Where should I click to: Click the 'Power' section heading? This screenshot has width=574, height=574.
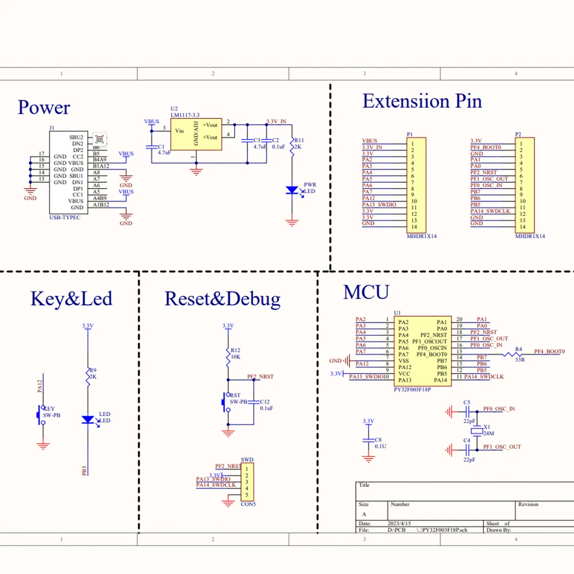[x=44, y=108]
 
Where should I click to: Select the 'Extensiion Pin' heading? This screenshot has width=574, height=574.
[x=422, y=102]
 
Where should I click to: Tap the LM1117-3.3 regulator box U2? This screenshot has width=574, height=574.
[x=196, y=134]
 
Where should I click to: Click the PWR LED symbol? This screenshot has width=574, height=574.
[x=292, y=189]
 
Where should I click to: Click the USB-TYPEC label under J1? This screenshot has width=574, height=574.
[x=65, y=218]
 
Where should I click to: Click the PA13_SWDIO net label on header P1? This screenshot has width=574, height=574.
[x=379, y=204]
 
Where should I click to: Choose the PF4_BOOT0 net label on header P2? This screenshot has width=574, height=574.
[x=486, y=147]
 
